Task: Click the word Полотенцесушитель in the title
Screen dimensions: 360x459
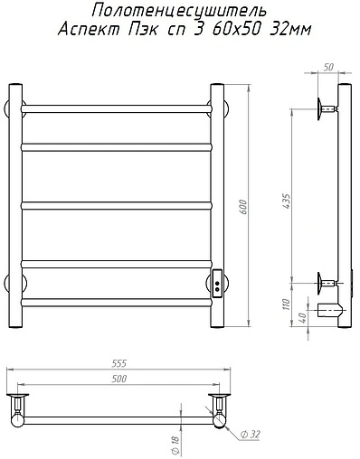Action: [x=179, y=11]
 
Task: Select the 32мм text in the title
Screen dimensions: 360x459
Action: [x=290, y=30]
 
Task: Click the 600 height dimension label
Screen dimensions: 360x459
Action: [x=243, y=207]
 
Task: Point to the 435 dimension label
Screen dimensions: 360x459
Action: [x=287, y=201]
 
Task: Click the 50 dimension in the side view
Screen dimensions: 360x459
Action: [x=328, y=67]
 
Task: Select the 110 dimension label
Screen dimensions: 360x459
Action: [x=287, y=304]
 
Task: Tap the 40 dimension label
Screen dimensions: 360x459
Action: [x=303, y=317]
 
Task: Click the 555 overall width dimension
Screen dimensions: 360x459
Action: [x=118, y=363]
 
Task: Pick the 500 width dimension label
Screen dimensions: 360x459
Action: [x=118, y=379]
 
